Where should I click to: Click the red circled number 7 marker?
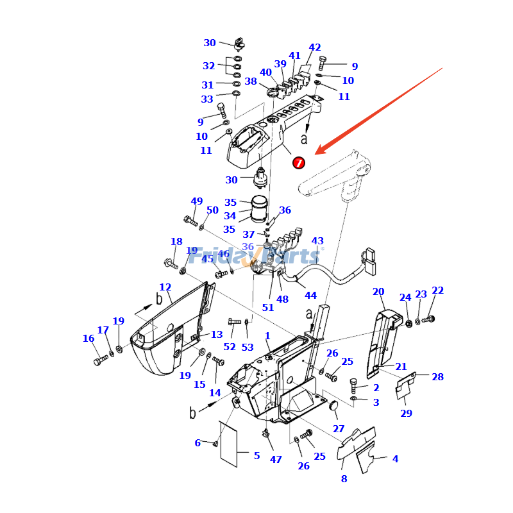pyautogui.click(x=299, y=163)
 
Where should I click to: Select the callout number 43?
pyautogui.click(x=317, y=241)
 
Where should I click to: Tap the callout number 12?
pyautogui.click(x=165, y=287)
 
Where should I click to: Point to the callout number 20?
pyautogui.click(x=378, y=292)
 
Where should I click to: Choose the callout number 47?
pyautogui.click(x=276, y=460)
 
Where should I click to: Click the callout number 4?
pyautogui.click(x=395, y=459)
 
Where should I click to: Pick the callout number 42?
pyautogui.click(x=315, y=47)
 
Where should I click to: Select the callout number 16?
pyautogui.click(x=88, y=339)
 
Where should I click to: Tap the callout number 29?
pyautogui.click(x=406, y=413)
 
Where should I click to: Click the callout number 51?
pyautogui.click(x=267, y=307)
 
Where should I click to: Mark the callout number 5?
pyautogui.click(x=256, y=456)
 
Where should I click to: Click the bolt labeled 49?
pyautogui.click(x=190, y=221)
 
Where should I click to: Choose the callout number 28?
pyautogui.click(x=437, y=377)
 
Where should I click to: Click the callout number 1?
pyautogui.click(x=267, y=336)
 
